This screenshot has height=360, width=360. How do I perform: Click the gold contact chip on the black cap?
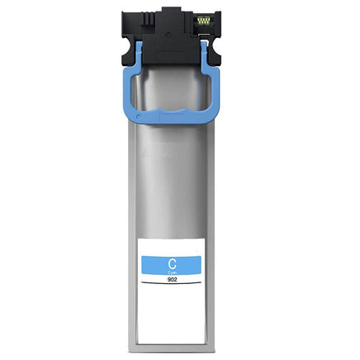(204, 21)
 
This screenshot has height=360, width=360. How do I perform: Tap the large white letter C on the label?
(172, 264)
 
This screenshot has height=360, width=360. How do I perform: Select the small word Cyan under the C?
(172, 272)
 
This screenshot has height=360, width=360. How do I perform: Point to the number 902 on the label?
(172, 278)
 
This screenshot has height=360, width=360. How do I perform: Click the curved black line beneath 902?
(171, 283)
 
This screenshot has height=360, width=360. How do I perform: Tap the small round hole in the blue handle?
(138, 116)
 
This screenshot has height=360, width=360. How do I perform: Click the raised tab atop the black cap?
(171, 11)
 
